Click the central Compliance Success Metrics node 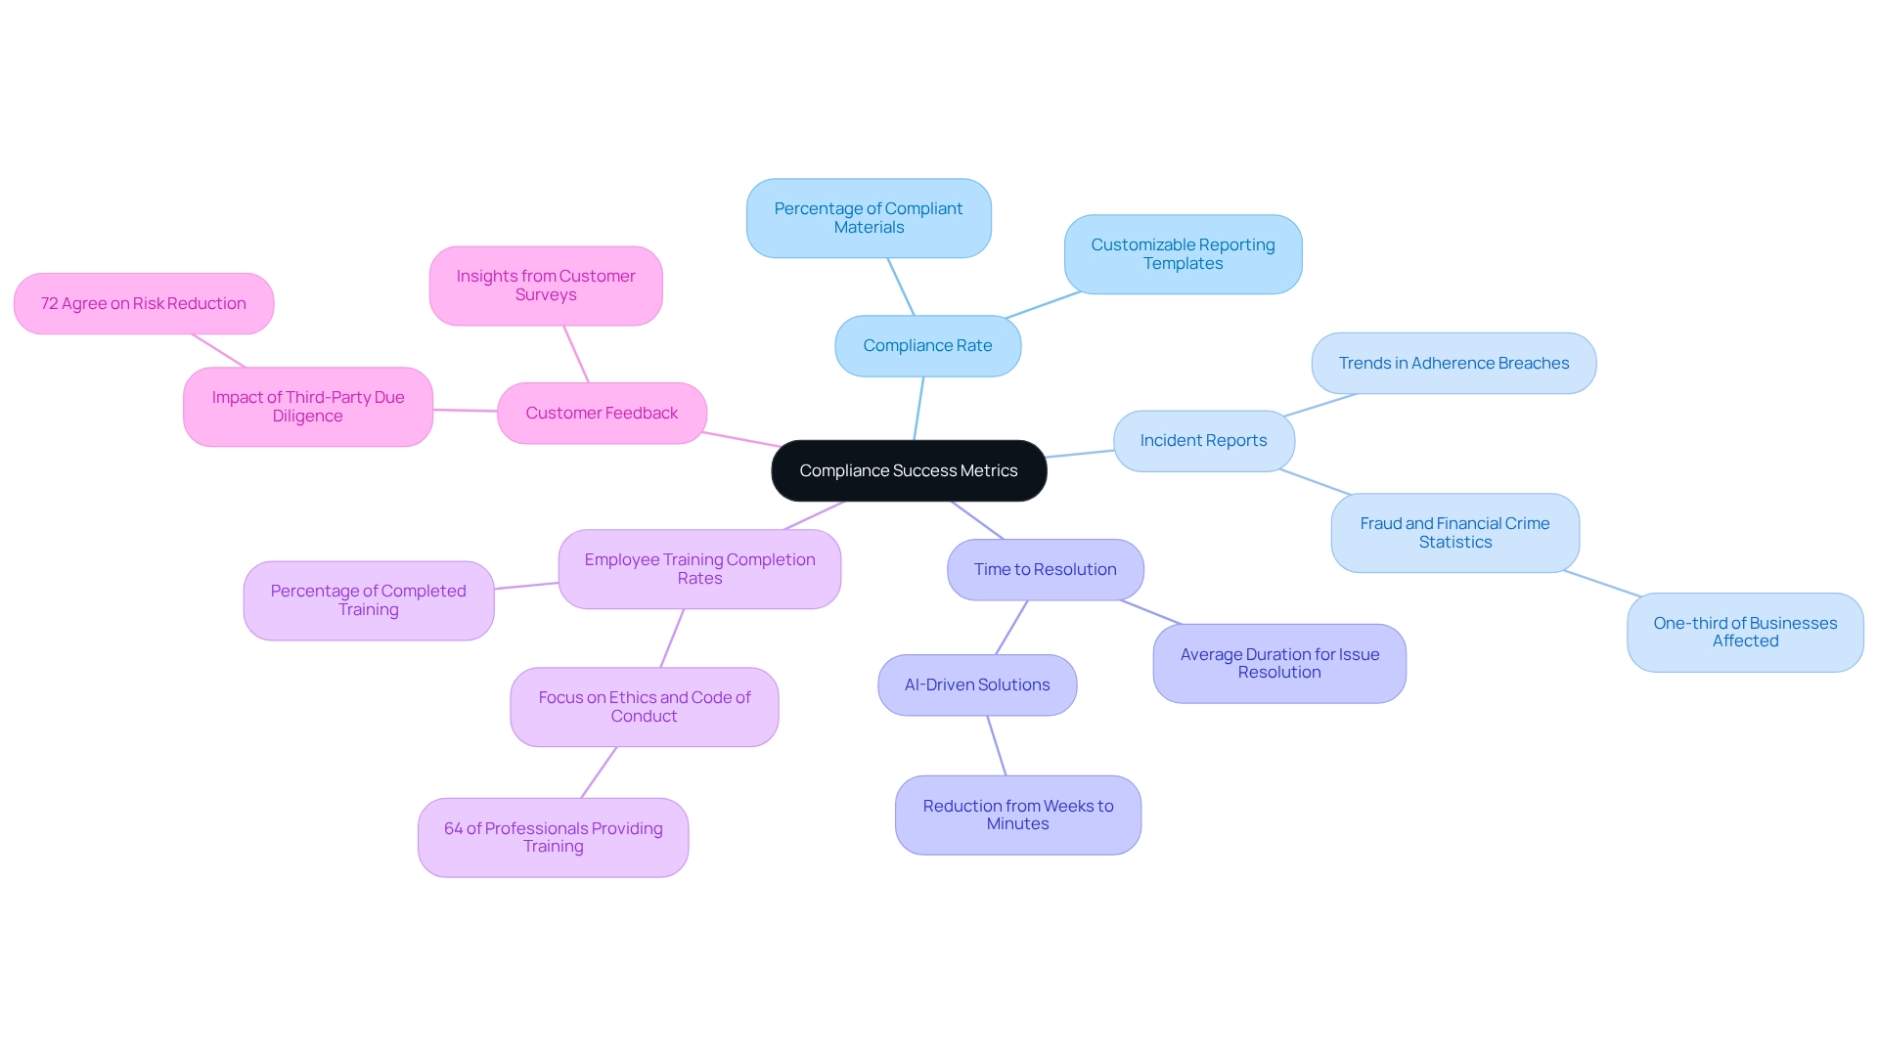pos(909,470)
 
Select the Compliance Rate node pos(927,345)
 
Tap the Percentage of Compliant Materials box pos(869,218)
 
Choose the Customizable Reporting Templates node pos(1183,254)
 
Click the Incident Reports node pos(1203,441)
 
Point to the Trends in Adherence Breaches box pos(1453,363)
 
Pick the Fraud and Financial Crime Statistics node pos(1454,533)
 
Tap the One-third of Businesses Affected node pos(1745,632)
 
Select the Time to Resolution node pos(1045,569)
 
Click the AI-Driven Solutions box pos(977,684)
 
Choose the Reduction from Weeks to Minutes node pos(1017,815)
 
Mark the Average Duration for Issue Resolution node pos(1279,663)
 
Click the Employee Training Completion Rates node pos(699,569)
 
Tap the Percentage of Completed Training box pos(368,600)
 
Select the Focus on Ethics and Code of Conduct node pos(644,707)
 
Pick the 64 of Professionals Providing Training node pos(553,837)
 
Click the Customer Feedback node pos(602,413)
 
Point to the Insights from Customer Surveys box pos(546,286)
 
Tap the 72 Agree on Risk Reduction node pos(144,303)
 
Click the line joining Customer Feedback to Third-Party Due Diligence pos(466,411)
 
